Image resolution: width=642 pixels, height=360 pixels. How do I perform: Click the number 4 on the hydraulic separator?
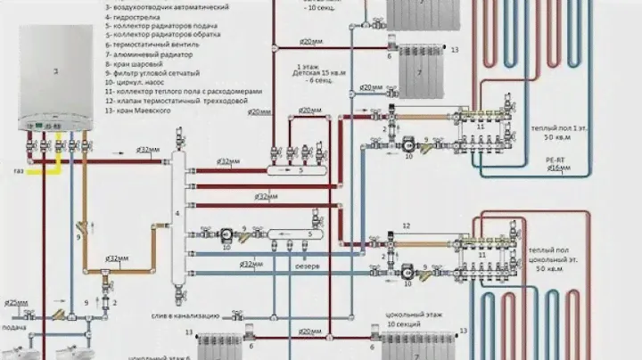coord(177,214)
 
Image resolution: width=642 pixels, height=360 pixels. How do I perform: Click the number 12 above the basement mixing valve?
coord(406,226)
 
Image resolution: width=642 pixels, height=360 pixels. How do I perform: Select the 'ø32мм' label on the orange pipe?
coord(115,259)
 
